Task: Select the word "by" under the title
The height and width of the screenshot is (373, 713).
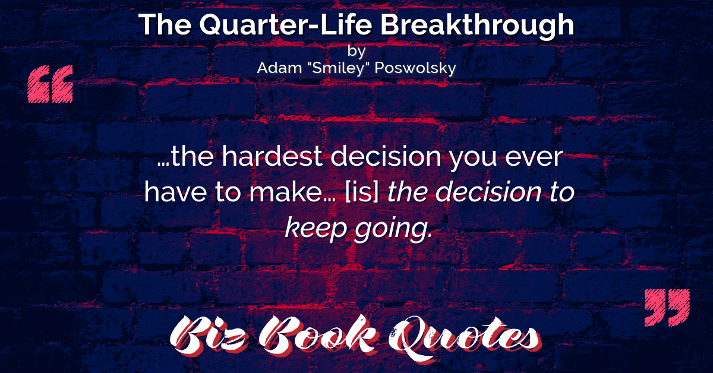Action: click(356, 51)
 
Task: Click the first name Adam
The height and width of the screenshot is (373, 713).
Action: click(279, 68)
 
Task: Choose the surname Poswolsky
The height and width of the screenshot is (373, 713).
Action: click(415, 68)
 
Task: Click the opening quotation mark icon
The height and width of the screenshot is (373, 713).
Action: click(51, 84)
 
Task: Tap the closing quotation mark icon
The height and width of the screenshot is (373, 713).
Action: click(667, 308)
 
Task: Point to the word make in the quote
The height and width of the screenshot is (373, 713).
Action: click(286, 192)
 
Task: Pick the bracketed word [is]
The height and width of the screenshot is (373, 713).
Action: click(362, 193)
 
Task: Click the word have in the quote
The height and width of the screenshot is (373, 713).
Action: click(175, 192)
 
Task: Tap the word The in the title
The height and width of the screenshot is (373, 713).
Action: click(165, 25)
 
